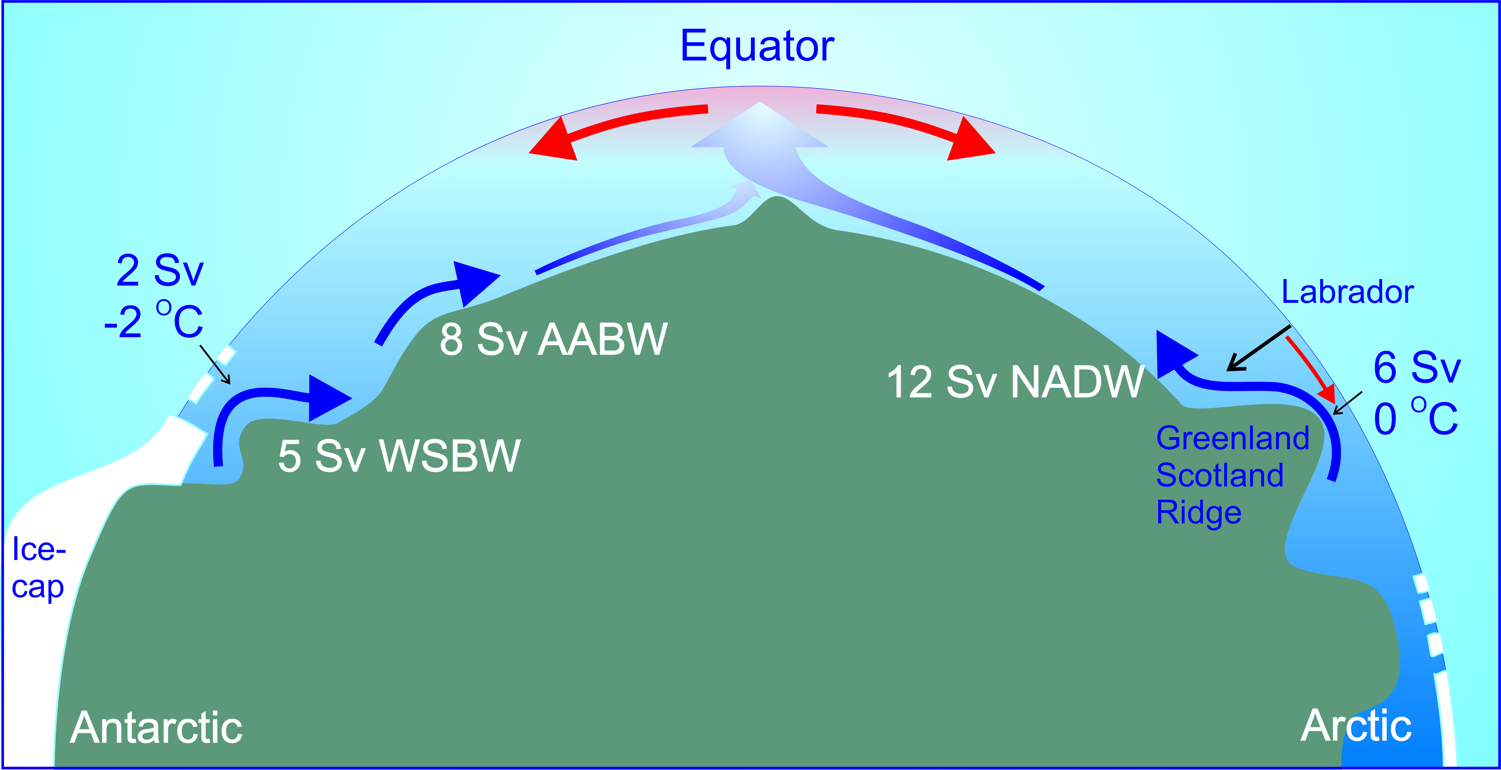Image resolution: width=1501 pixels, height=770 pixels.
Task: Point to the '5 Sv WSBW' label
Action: point(399,456)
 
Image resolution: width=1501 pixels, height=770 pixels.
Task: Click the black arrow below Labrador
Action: point(1259,348)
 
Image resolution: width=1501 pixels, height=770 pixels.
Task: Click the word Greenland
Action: point(1232,438)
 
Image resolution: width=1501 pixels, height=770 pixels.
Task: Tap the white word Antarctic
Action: point(156,728)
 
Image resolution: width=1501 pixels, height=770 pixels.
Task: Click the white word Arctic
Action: point(1355,726)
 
